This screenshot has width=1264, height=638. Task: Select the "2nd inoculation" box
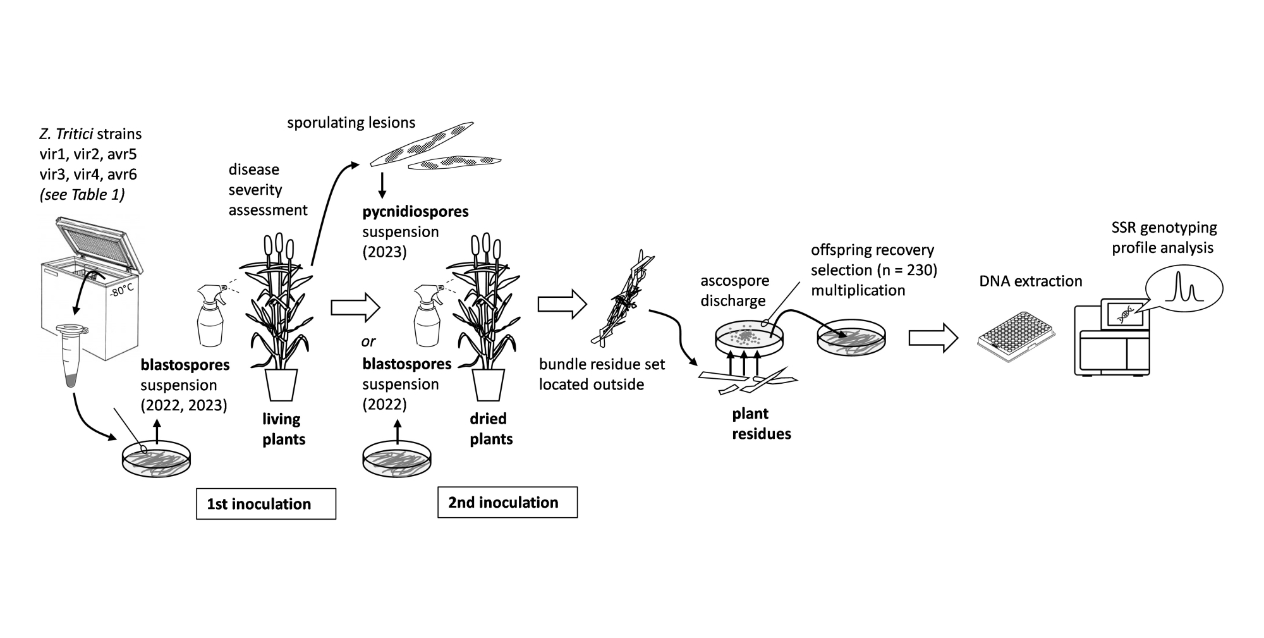[507, 503]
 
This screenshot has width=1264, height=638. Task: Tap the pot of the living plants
[281, 384]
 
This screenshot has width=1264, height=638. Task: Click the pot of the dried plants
[489, 384]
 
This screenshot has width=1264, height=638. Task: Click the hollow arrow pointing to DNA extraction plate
[933, 338]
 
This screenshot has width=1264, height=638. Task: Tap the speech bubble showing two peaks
[1185, 289]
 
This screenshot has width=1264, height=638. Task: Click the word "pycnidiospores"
[415, 211]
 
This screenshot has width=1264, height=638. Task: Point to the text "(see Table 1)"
[82, 195]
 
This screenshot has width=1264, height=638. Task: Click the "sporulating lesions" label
[351, 123]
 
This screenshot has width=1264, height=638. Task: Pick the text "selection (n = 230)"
[873, 270]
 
